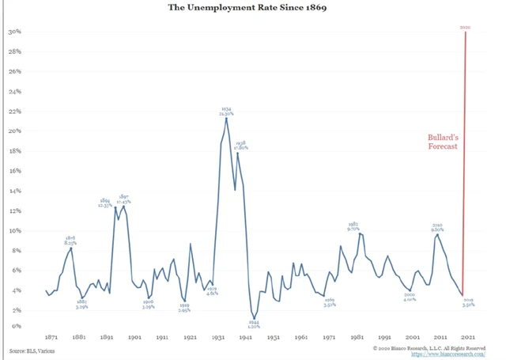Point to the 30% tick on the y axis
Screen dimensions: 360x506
[14, 32]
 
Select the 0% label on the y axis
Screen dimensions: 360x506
[16, 326]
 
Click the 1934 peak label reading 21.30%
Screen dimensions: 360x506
[226, 112]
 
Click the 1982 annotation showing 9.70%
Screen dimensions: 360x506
[353, 226]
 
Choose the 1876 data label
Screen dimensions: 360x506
[70, 241]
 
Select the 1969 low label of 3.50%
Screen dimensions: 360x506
[330, 303]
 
